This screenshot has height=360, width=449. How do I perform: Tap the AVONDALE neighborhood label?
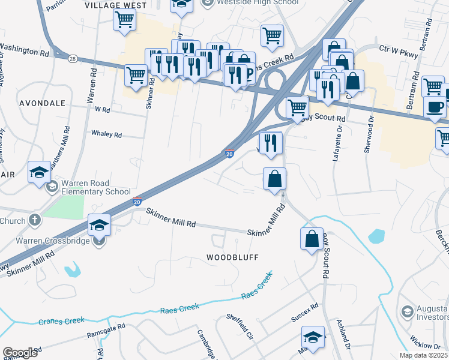pos(42,103)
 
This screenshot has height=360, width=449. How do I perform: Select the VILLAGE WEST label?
pos(116,5)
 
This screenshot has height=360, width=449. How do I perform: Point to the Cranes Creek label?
pos(62,320)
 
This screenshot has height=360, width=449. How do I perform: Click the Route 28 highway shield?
pos(72,58)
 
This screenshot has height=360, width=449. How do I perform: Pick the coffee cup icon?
pos(435,108)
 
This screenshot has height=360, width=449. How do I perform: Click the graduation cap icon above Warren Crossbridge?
pos(99,226)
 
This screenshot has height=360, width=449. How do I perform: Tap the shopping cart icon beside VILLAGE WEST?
pos(125,20)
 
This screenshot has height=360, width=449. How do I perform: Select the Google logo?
pos(20,353)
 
